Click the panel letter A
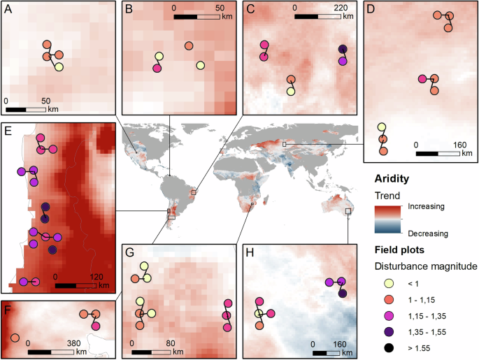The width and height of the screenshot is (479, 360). (x=10, y=10)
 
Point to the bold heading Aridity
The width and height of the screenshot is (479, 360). (x=392, y=180)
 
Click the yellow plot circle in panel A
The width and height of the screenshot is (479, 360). (x=59, y=67)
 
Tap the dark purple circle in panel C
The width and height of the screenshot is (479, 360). (x=343, y=49)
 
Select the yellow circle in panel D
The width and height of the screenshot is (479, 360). (x=382, y=127)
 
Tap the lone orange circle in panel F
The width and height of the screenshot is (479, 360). (x=15, y=338)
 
